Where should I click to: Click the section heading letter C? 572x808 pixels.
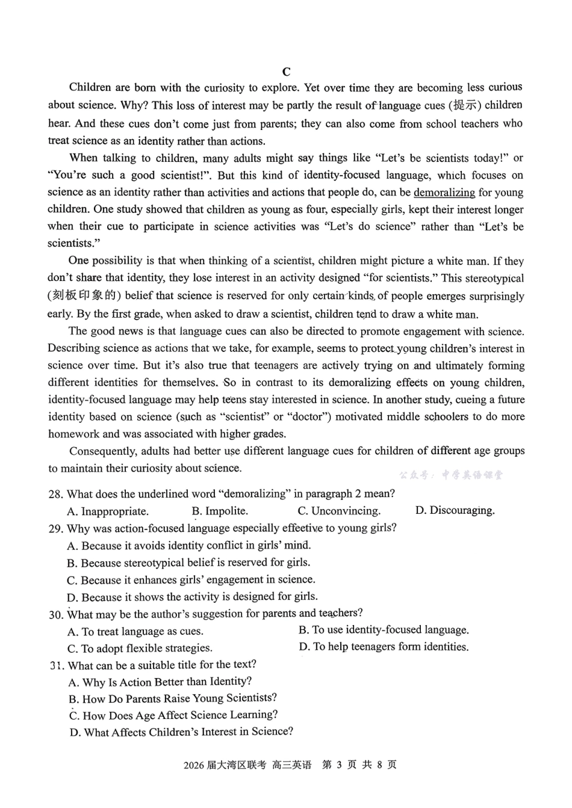coord(287,72)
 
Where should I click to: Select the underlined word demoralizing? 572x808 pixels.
coord(444,193)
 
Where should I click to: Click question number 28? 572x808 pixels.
coord(55,494)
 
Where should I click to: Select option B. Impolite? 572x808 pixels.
coord(220,511)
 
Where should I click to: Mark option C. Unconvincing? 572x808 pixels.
coord(339,511)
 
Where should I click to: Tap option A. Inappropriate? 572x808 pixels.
coord(108,511)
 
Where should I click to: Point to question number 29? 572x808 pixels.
coord(55,528)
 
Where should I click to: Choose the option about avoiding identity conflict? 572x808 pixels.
coord(189,546)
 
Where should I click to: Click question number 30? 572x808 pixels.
coord(55,614)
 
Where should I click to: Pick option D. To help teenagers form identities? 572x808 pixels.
coord(384,647)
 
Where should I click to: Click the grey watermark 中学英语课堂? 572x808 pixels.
coord(472,475)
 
